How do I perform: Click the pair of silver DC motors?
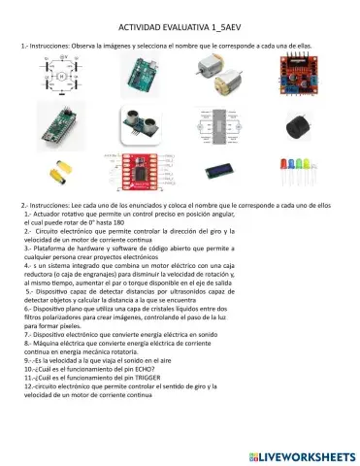point(220,75)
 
